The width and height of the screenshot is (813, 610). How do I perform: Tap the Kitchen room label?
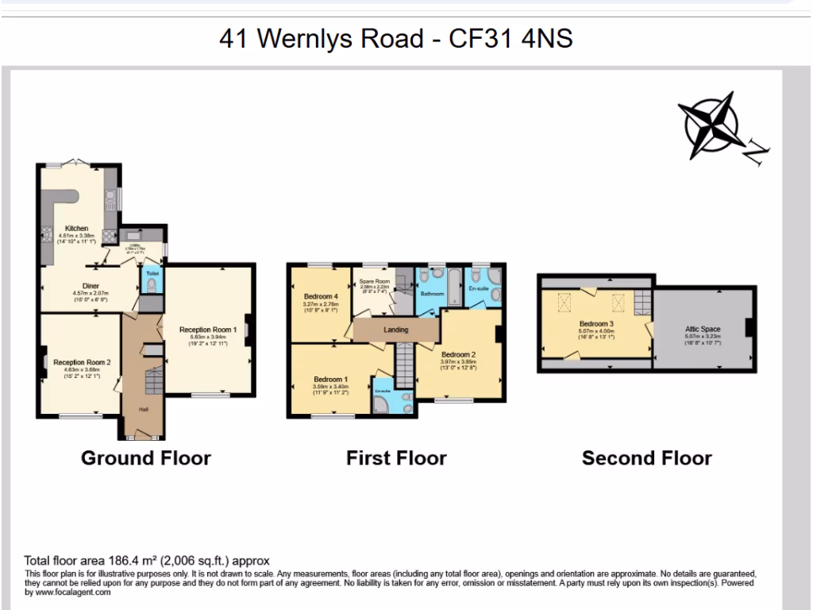[x=76, y=229]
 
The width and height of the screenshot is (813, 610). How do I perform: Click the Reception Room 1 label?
[x=208, y=330]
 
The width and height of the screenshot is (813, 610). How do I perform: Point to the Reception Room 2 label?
[x=82, y=362]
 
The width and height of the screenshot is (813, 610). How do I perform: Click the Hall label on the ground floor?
[x=144, y=409]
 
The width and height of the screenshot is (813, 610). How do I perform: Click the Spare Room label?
[x=375, y=282]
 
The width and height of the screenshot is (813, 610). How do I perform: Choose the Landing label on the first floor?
[x=395, y=330]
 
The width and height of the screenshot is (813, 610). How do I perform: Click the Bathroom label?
[x=432, y=294]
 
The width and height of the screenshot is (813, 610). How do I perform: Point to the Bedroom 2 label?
[x=458, y=354]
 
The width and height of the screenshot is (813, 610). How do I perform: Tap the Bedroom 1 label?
[x=329, y=380]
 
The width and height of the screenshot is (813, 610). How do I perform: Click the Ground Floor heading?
[x=146, y=458]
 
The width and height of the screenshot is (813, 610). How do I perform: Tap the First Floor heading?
[x=396, y=458]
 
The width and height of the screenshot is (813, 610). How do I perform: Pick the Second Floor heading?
[x=646, y=458]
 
